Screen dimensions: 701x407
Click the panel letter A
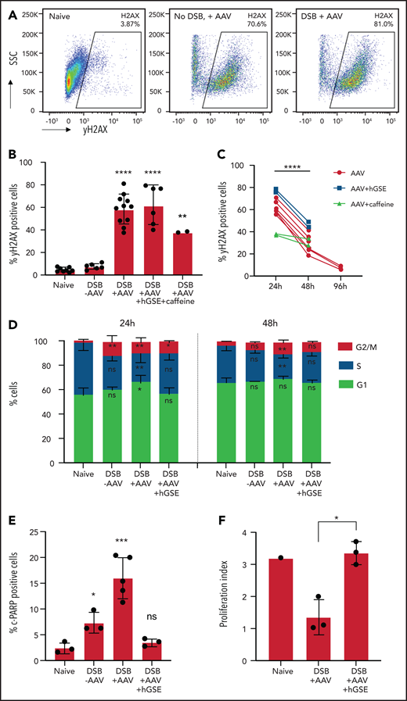click(x=7, y=7)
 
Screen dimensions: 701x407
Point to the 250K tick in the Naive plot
click(x=30, y=13)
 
